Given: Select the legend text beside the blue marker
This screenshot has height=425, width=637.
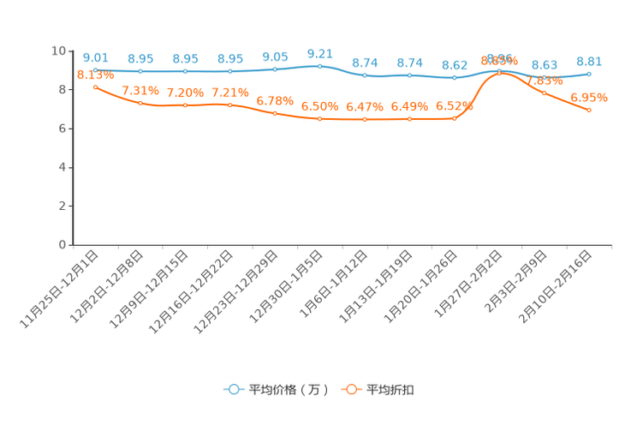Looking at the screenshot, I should pyautogui.click(x=287, y=390).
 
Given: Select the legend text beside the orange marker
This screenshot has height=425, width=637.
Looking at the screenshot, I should pyautogui.click(x=391, y=390).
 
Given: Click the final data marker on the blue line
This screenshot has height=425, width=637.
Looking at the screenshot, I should pyautogui.click(x=589, y=74).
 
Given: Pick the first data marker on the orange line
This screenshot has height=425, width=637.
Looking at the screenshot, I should pyautogui.click(x=95, y=87).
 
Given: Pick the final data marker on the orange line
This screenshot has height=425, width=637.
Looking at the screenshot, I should pyautogui.click(x=589, y=110).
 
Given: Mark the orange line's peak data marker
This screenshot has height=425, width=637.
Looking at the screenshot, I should pyautogui.click(x=500, y=73).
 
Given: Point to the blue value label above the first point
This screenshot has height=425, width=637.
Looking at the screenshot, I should pyautogui.click(x=95, y=57).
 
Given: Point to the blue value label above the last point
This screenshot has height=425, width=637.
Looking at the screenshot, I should pyautogui.click(x=589, y=61).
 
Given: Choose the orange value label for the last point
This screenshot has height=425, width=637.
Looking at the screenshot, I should pyautogui.click(x=589, y=97).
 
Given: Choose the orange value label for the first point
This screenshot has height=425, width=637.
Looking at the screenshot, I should pyautogui.click(x=95, y=75).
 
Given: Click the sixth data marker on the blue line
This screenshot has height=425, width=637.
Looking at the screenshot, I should pyautogui.click(x=319, y=66).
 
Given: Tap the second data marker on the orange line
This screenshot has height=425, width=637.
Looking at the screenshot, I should pyautogui.click(x=140, y=103).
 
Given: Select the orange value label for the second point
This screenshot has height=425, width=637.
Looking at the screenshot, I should pyautogui.click(x=140, y=90).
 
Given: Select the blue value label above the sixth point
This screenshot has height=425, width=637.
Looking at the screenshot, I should pyautogui.click(x=319, y=53).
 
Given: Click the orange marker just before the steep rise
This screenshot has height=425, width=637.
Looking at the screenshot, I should pyautogui.click(x=455, y=119).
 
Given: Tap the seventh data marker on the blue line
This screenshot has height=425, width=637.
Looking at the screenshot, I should pyautogui.click(x=365, y=75).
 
